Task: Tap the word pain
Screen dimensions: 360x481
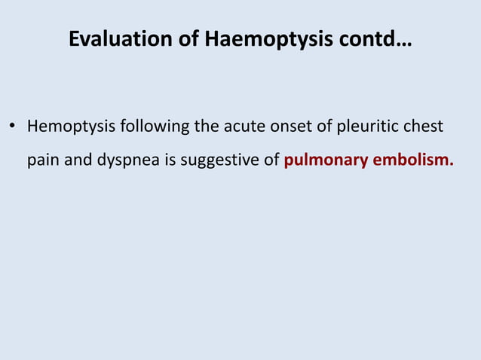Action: [x=43, y=160]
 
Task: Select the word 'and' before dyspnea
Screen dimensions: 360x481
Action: [x=78, y=160]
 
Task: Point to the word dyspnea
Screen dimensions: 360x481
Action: [x=125, y=160]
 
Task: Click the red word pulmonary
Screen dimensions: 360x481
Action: [x=322, y=160]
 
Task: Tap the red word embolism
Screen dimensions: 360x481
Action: [x=409, y=160]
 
